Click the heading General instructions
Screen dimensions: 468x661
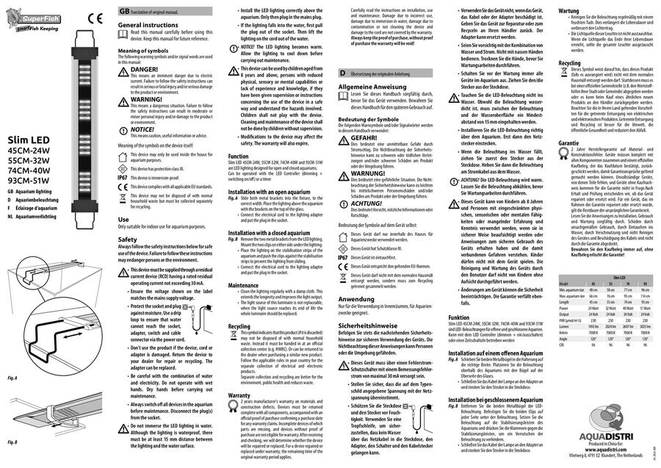click(148, 25)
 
